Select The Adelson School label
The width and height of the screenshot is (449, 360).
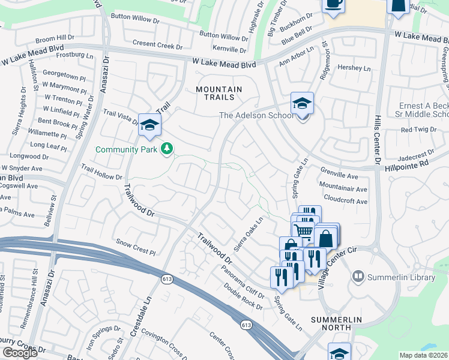256,116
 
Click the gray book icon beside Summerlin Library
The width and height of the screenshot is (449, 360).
358,275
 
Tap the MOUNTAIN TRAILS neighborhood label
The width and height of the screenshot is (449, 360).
219,95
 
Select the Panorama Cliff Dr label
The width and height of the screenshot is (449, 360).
241,280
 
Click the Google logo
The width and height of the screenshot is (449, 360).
20,353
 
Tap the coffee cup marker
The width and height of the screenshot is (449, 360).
333,4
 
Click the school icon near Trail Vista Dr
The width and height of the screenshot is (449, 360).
149,124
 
